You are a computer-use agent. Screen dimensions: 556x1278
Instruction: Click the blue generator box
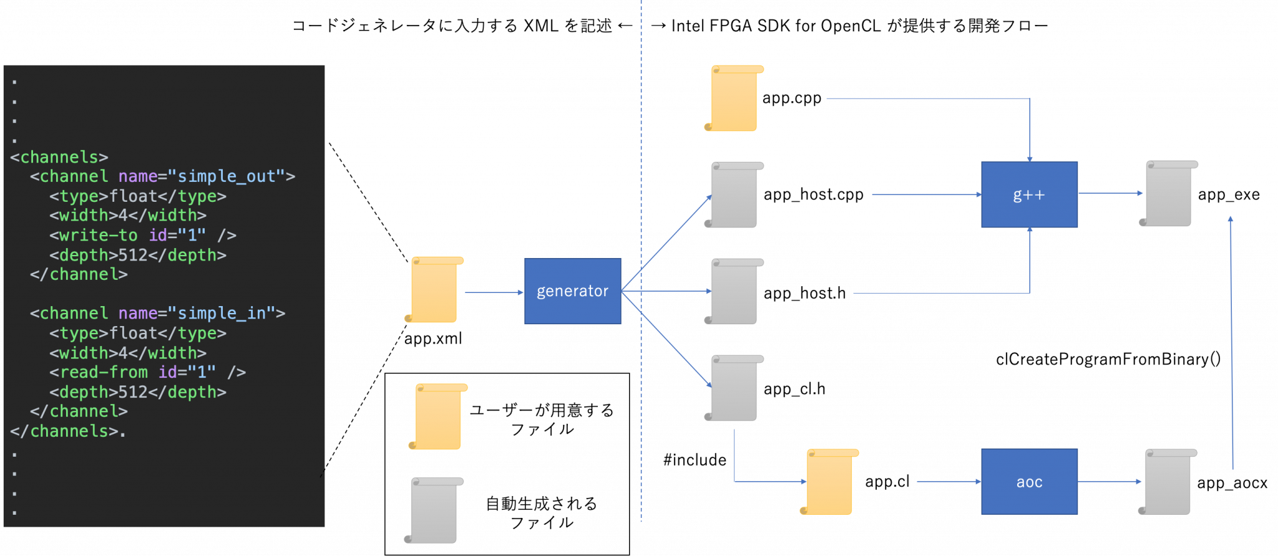coord(572,291)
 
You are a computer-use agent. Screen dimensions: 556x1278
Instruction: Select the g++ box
coord(1029,194)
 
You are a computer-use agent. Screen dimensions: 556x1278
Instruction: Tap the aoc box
coord(1029,482)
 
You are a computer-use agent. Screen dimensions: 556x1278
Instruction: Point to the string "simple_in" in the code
coord(226,314)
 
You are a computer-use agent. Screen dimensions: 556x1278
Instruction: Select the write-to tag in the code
coord(98,236)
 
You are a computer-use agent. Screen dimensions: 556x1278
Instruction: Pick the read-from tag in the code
coord(103,372)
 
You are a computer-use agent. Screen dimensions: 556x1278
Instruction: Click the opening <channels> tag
coord(59,157)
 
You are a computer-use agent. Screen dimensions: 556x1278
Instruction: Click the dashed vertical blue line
coord(641,125)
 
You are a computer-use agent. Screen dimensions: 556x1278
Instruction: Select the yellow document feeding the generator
coord(434,290)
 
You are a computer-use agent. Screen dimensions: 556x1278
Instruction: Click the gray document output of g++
coord(1168,194)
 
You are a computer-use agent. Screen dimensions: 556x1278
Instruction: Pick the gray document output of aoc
coord(1167,482)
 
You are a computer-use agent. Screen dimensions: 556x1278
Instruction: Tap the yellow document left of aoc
coord(829,482)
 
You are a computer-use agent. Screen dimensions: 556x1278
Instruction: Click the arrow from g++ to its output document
coord(1110,193)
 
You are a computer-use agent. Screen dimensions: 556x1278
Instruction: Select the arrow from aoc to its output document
coord(1110,482)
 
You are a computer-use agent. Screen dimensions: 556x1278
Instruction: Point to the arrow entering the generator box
coord(494,292)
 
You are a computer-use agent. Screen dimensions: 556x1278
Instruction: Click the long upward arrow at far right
coord(1231,344)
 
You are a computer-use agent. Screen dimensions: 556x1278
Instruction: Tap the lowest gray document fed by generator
coord(733,388)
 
